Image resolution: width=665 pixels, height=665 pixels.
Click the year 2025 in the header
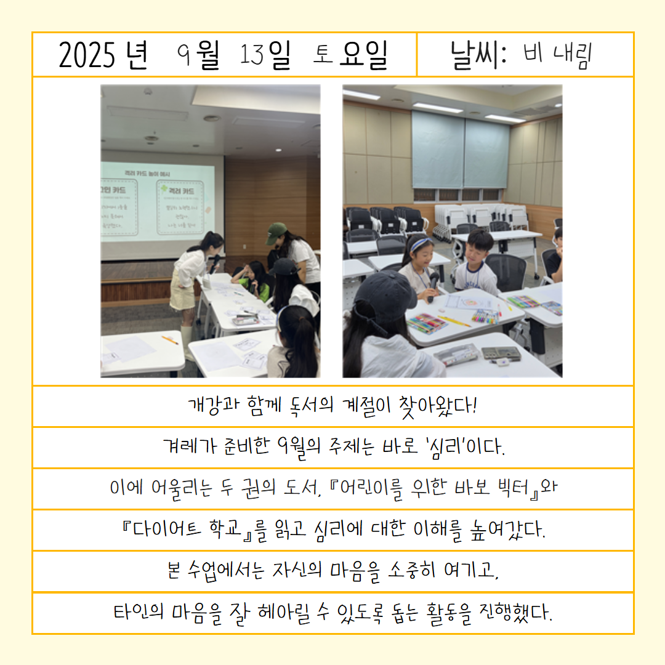coord(87,55)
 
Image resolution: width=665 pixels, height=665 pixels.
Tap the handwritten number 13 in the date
coord(252,55)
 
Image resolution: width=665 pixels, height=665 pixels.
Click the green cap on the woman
coord(276,233)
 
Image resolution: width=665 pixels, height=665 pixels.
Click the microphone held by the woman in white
coord(215,263)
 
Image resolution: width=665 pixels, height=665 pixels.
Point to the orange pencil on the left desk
coord(170,340)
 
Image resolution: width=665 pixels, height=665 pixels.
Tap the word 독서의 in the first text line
coord(312,405)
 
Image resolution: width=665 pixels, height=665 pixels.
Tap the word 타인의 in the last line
coord(139,613)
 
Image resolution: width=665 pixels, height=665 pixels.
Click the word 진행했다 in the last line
coord(515,613)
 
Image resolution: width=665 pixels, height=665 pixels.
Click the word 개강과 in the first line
coord(214,405)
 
